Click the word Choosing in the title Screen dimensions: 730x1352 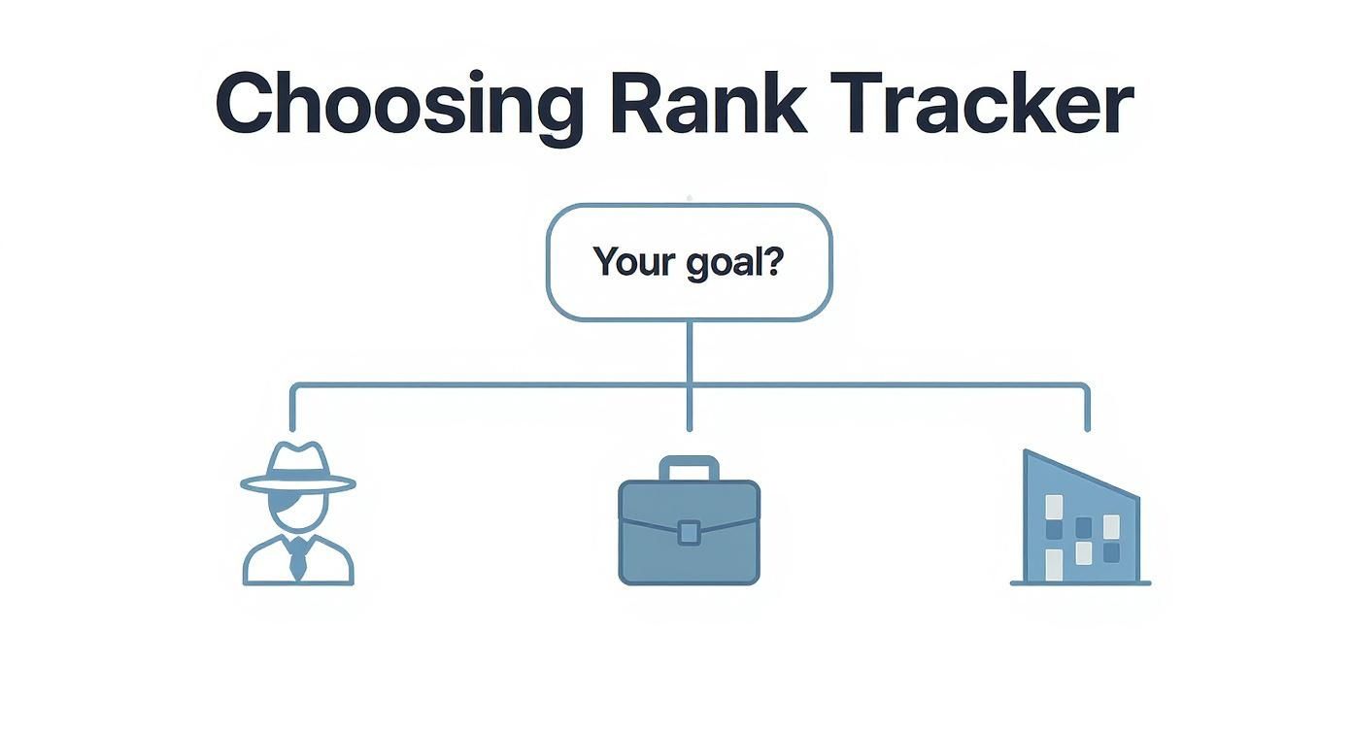click(398, 104)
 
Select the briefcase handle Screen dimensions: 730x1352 click(690, 469)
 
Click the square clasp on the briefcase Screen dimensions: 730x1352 click(689, 531)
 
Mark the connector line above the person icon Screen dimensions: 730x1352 click(292, 408)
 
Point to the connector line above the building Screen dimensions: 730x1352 click(1087, 408)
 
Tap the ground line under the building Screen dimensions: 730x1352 click(1080, 583)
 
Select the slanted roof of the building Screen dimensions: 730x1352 click(1080, 474)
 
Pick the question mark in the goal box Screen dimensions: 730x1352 click(773, 261)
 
